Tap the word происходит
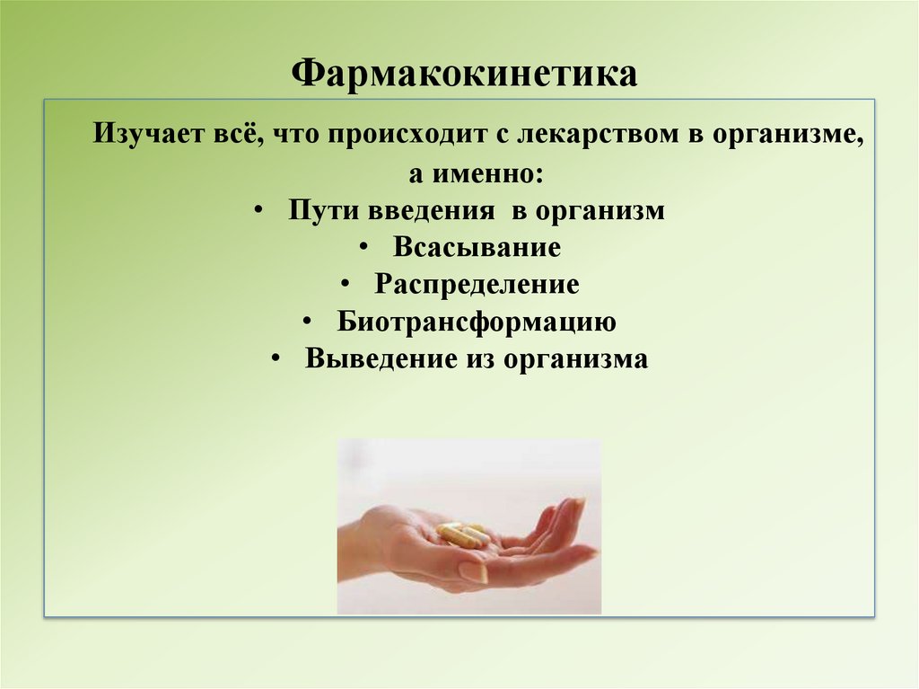coord(404,136)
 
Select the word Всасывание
coord(477,247)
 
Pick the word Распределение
coord(477,285)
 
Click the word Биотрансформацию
coord(477,322)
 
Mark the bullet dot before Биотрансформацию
coord(307,322)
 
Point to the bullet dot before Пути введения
coord(258,210)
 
